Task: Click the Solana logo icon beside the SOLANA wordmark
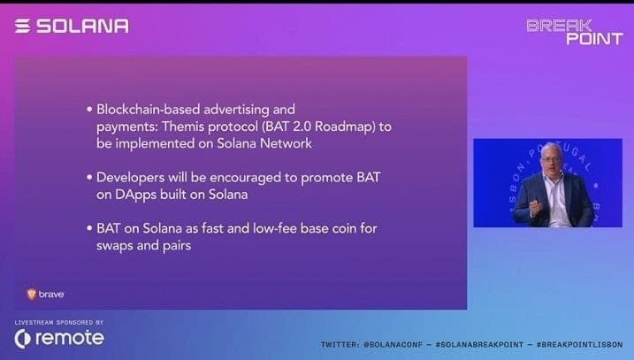click(23, 26)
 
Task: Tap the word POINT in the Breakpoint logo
click(594, 39)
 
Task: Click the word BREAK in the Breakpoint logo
click(559, 26)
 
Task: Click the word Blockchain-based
click(148, 109)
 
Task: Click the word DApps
click(136, 195)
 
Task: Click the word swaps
click(114, 246)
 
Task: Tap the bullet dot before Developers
click(89, 178)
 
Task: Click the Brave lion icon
click(32, 294)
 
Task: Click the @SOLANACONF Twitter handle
click(393, 345)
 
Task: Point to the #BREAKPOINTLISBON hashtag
click(579, 345)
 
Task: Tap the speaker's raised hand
click(537, 207)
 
